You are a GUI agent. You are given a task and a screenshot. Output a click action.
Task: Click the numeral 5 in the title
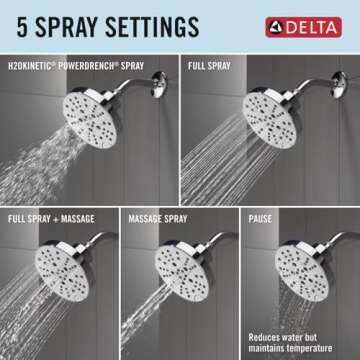coord(20,23)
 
